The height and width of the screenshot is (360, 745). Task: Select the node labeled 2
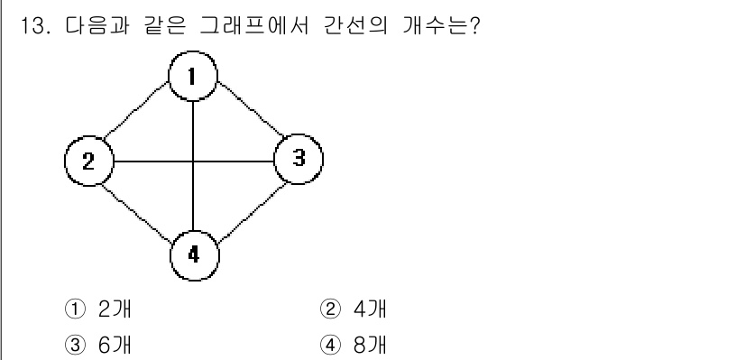[88, 162]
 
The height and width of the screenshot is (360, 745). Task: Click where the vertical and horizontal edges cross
[195, 162]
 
